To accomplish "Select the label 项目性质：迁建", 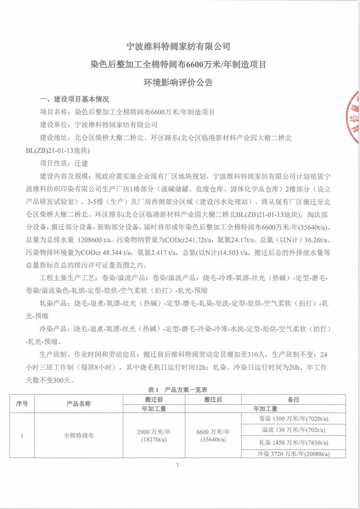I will [x=64, y=164].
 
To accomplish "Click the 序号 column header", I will [x=22, y=404].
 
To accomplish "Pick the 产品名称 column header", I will [x=79, y=404].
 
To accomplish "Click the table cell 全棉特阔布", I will [x=79, y=435].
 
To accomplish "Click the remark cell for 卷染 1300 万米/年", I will [x=294, y=418].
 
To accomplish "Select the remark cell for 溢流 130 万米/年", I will [x=294, y=430].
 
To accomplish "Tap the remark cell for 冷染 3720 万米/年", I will [x=294, y=454].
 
